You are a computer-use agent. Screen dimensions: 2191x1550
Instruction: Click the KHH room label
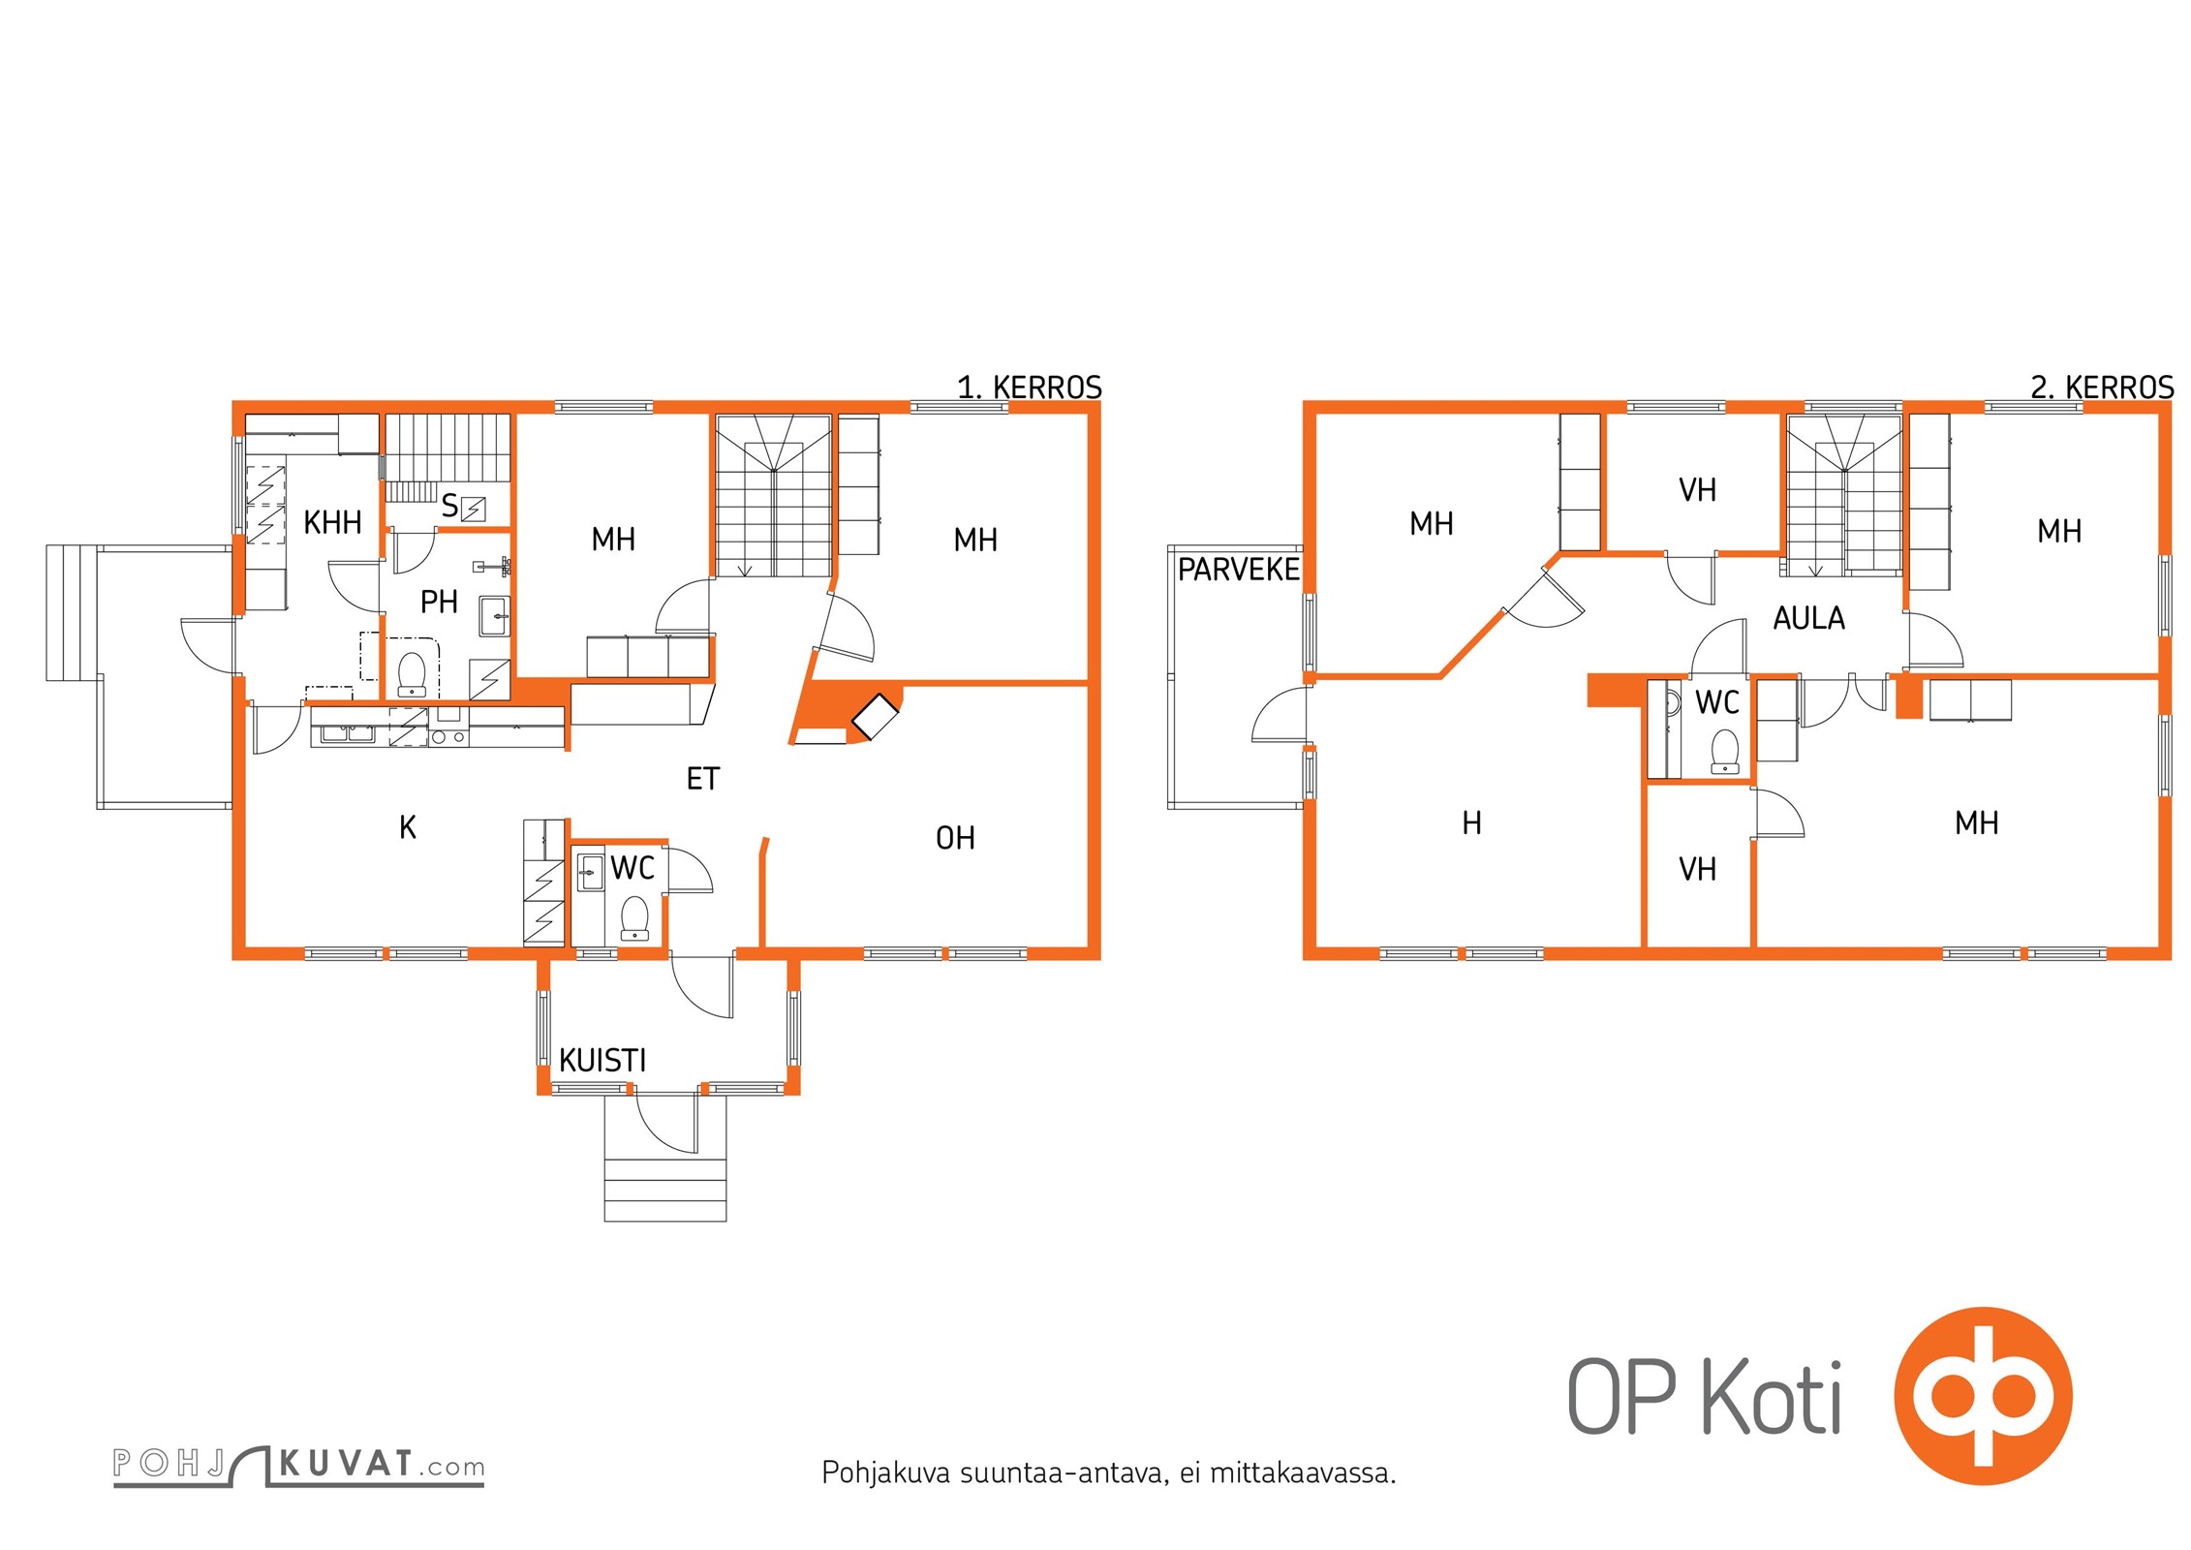click(332, 523)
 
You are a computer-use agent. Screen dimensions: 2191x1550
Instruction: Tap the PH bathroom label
click(439, 603)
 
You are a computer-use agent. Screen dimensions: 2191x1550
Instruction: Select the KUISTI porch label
click(602, 1061)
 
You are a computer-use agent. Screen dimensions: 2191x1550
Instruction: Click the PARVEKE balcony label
click(1238, 570)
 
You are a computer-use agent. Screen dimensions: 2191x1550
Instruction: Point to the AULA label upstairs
click(1808, 618)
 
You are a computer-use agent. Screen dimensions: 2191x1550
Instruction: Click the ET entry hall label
click(703, 779)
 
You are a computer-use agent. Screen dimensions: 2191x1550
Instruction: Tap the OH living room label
click(955, 838)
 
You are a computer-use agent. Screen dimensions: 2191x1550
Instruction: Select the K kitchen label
click(408, 827)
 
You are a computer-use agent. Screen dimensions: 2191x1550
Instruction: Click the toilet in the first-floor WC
click(634, 918)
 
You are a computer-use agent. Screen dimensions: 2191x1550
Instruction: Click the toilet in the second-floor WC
click(1725, 751)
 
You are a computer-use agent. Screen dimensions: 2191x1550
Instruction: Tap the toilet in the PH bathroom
click(413, 674)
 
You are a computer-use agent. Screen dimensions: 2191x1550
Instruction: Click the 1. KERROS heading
click(1030, 388)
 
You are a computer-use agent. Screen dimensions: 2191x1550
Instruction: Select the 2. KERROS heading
click(2102, 388)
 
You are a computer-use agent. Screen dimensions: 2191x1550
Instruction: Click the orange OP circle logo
click(1983, 1396)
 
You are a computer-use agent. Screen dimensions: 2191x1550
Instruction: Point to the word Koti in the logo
click(1772, 1397)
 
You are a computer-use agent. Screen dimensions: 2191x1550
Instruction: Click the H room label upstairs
click(1471, 823)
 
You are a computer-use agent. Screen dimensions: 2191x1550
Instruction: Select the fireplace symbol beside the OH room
click(875, 717)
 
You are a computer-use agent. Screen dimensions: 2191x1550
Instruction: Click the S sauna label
click(449, 506)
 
